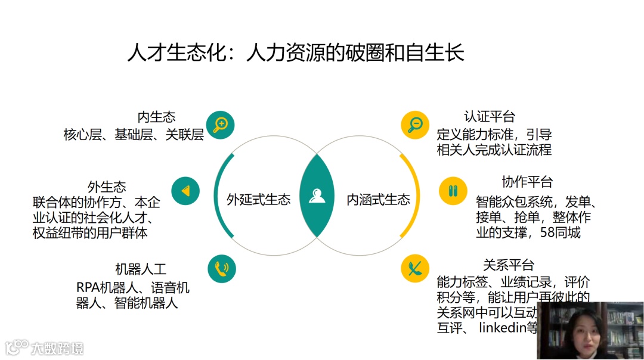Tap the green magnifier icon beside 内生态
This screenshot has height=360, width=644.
(220, 125)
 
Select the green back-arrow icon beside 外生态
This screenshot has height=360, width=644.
(185, 191)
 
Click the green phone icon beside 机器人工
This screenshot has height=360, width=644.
(222, 268)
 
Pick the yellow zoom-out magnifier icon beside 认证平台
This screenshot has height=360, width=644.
(415, 125)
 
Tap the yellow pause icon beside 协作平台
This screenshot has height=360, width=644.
(453, 191)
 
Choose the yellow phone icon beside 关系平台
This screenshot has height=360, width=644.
(416, 268)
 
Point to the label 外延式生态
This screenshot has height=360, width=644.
(258, 200)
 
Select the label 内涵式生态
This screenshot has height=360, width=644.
(378, 200)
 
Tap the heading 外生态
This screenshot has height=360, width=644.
(107, 187)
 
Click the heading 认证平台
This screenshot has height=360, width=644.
(489, 116)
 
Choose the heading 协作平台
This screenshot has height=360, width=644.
(527, 182)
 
